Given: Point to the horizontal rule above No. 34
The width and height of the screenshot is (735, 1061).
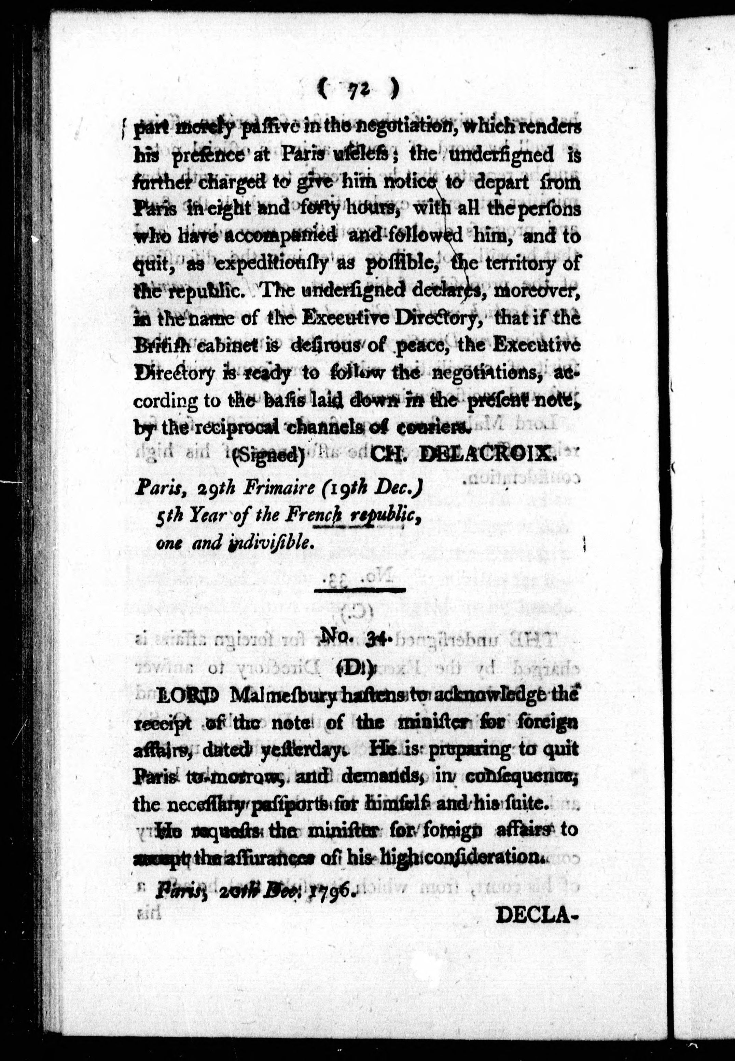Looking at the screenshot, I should pyautogui.click(x=359, y=590).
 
